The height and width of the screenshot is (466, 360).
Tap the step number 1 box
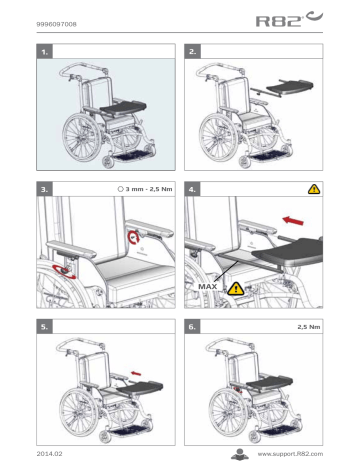(42, 49)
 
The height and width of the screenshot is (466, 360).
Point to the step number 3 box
(42, 187)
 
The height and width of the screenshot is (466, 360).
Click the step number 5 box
(42, 326)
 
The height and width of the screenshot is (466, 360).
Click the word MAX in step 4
(208, 286)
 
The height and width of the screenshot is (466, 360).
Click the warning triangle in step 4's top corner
(314, 187)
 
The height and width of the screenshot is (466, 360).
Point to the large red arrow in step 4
(295, 218)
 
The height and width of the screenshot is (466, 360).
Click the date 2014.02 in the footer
(49, 453)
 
